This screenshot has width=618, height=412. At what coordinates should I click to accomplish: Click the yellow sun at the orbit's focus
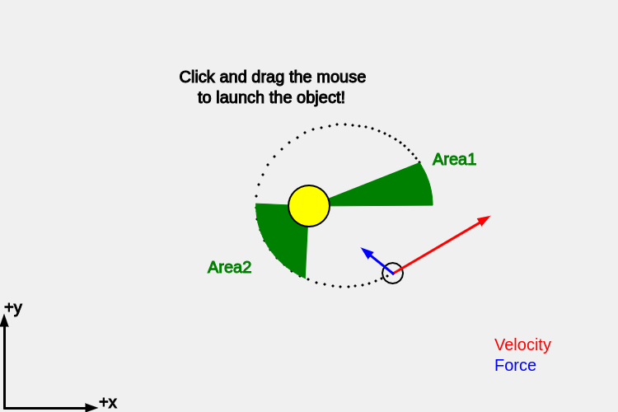point(309,206)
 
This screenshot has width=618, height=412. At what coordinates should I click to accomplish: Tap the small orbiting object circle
point(393,273)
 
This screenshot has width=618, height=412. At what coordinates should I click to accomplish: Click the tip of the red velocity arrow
point(489,217)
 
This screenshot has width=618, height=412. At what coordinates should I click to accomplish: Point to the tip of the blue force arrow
point(363,248)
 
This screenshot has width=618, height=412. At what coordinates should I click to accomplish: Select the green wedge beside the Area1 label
point(387,190)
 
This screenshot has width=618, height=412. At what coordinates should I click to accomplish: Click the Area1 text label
point(454,160)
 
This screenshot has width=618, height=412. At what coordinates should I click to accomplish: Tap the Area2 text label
point(229,267)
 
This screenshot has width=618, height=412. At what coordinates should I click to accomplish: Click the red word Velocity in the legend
point(522,344)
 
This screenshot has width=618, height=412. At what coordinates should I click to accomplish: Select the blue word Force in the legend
point(515,365)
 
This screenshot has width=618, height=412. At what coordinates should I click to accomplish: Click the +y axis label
point(13,308)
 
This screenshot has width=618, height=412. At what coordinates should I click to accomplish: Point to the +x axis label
point(108,403)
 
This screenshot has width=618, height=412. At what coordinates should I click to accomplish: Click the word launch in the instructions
point(242,97)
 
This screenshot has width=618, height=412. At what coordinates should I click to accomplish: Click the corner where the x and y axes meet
point(4,407)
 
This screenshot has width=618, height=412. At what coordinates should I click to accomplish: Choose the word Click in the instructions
point(197,77)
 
